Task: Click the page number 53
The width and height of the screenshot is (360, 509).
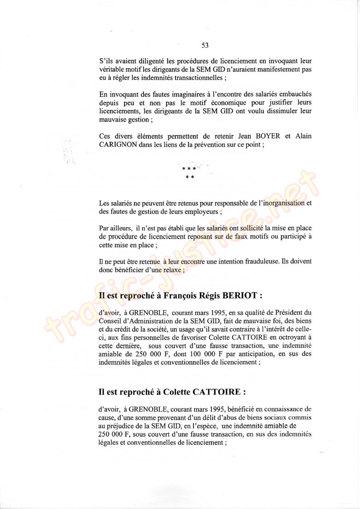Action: coord(205,45)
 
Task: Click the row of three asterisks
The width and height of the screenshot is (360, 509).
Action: coord(189,169)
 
